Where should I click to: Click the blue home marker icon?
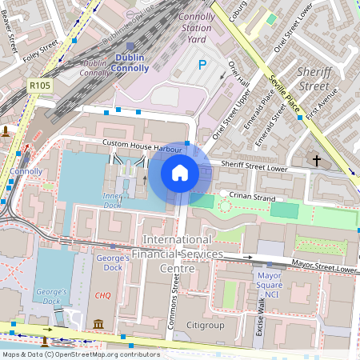tap(180, 172)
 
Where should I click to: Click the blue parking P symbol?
tap(202, 65)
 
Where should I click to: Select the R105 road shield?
tap(39, 86)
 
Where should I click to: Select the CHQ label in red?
tap(102, 295)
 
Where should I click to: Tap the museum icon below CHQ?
tap(98, 323)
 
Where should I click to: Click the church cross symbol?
tap(317, 161)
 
